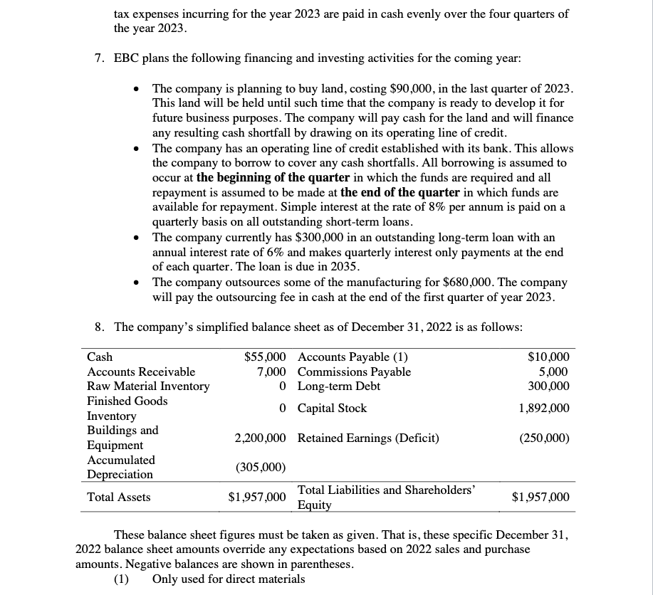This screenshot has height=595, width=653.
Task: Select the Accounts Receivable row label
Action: point(140,372)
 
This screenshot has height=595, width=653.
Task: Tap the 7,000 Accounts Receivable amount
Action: point(271,372)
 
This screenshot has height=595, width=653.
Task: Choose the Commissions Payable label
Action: point(354,372)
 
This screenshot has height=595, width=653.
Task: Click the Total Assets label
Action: point(118,497)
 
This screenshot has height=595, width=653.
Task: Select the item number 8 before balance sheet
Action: point(100,327)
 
